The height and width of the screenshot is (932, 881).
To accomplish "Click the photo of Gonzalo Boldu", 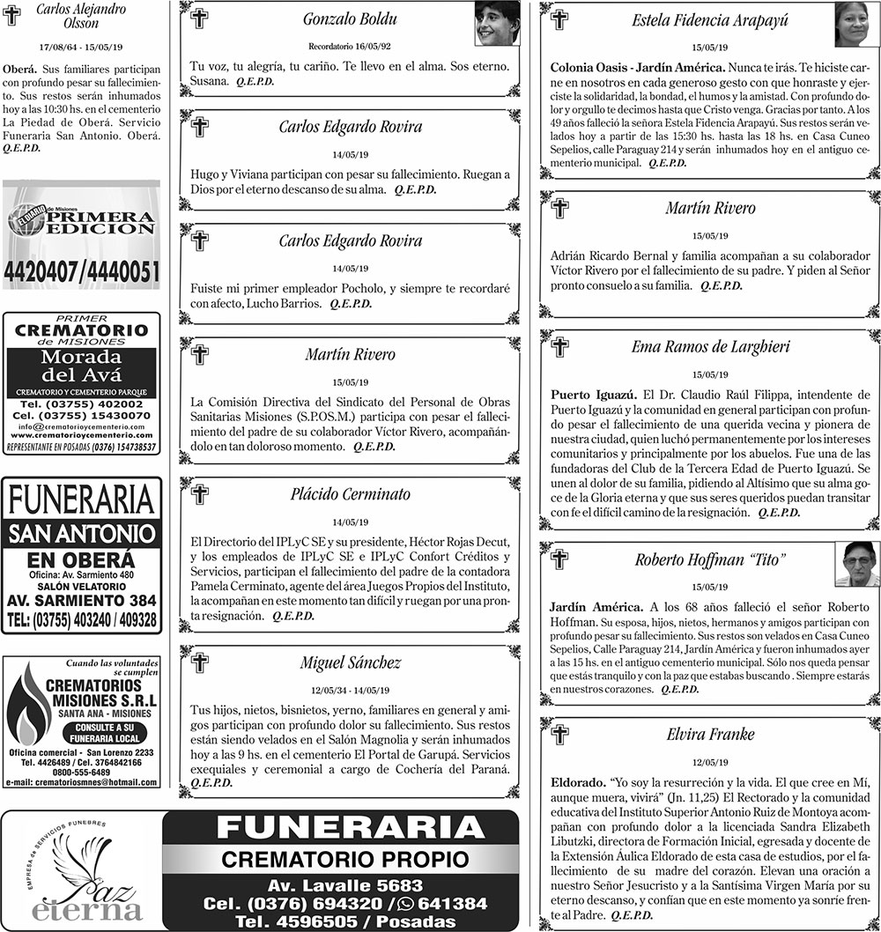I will (498, 24).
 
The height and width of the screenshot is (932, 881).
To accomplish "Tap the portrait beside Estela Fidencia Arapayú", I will (856, 25).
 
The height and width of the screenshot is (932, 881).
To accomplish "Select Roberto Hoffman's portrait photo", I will (856, 564).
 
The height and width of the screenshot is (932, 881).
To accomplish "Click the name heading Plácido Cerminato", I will (350, 494).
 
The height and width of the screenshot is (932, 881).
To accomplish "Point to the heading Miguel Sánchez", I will (350, 662).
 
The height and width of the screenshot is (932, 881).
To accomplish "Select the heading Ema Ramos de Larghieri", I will (710, 346).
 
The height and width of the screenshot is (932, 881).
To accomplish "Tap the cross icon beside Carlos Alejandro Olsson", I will (11, 15).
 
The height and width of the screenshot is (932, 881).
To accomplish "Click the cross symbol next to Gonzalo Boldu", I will (200, 18).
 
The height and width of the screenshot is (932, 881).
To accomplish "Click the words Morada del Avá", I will (81, 366).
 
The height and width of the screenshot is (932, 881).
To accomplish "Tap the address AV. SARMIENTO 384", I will (81, 601).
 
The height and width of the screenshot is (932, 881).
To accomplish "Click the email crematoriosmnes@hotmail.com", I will (81, 781).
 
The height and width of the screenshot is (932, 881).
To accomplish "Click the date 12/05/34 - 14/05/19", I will (350, 689).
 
